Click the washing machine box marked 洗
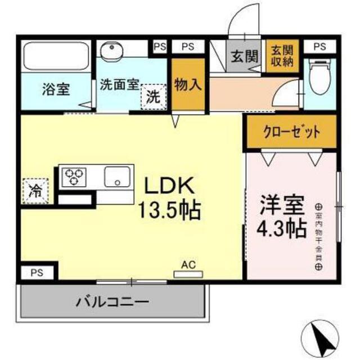(x=154, y=95)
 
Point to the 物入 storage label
(x=187, y=85)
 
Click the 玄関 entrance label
(x=244, y=56)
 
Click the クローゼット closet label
(x=291, y=133)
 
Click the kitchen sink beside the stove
(x=118, y=177)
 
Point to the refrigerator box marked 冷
(x=35, y=189)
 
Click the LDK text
(x=170, y=186)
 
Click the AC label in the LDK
(x=188, y=264)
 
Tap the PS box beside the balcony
(x=37, y=273)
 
